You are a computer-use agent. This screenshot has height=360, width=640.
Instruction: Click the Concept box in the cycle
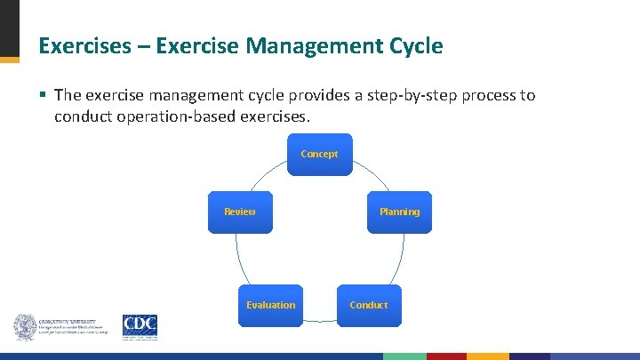point(319,154)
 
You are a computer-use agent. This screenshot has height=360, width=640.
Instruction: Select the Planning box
point(399,212)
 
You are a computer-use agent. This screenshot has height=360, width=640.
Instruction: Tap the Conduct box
point(368,305)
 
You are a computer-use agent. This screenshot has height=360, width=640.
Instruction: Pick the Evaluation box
point(270,305)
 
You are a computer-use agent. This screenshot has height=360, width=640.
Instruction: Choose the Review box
point(239,212)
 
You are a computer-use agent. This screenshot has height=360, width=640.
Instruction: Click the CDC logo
point(140,326)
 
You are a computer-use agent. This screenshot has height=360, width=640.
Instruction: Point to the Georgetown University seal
point(25,327)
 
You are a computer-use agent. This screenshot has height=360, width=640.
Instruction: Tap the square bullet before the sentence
point(44,94)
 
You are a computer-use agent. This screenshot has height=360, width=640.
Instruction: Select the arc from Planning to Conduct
point(399,262)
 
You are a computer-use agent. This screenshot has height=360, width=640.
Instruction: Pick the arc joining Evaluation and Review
point(239,262)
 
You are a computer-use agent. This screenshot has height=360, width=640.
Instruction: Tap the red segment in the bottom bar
point(446,356)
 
